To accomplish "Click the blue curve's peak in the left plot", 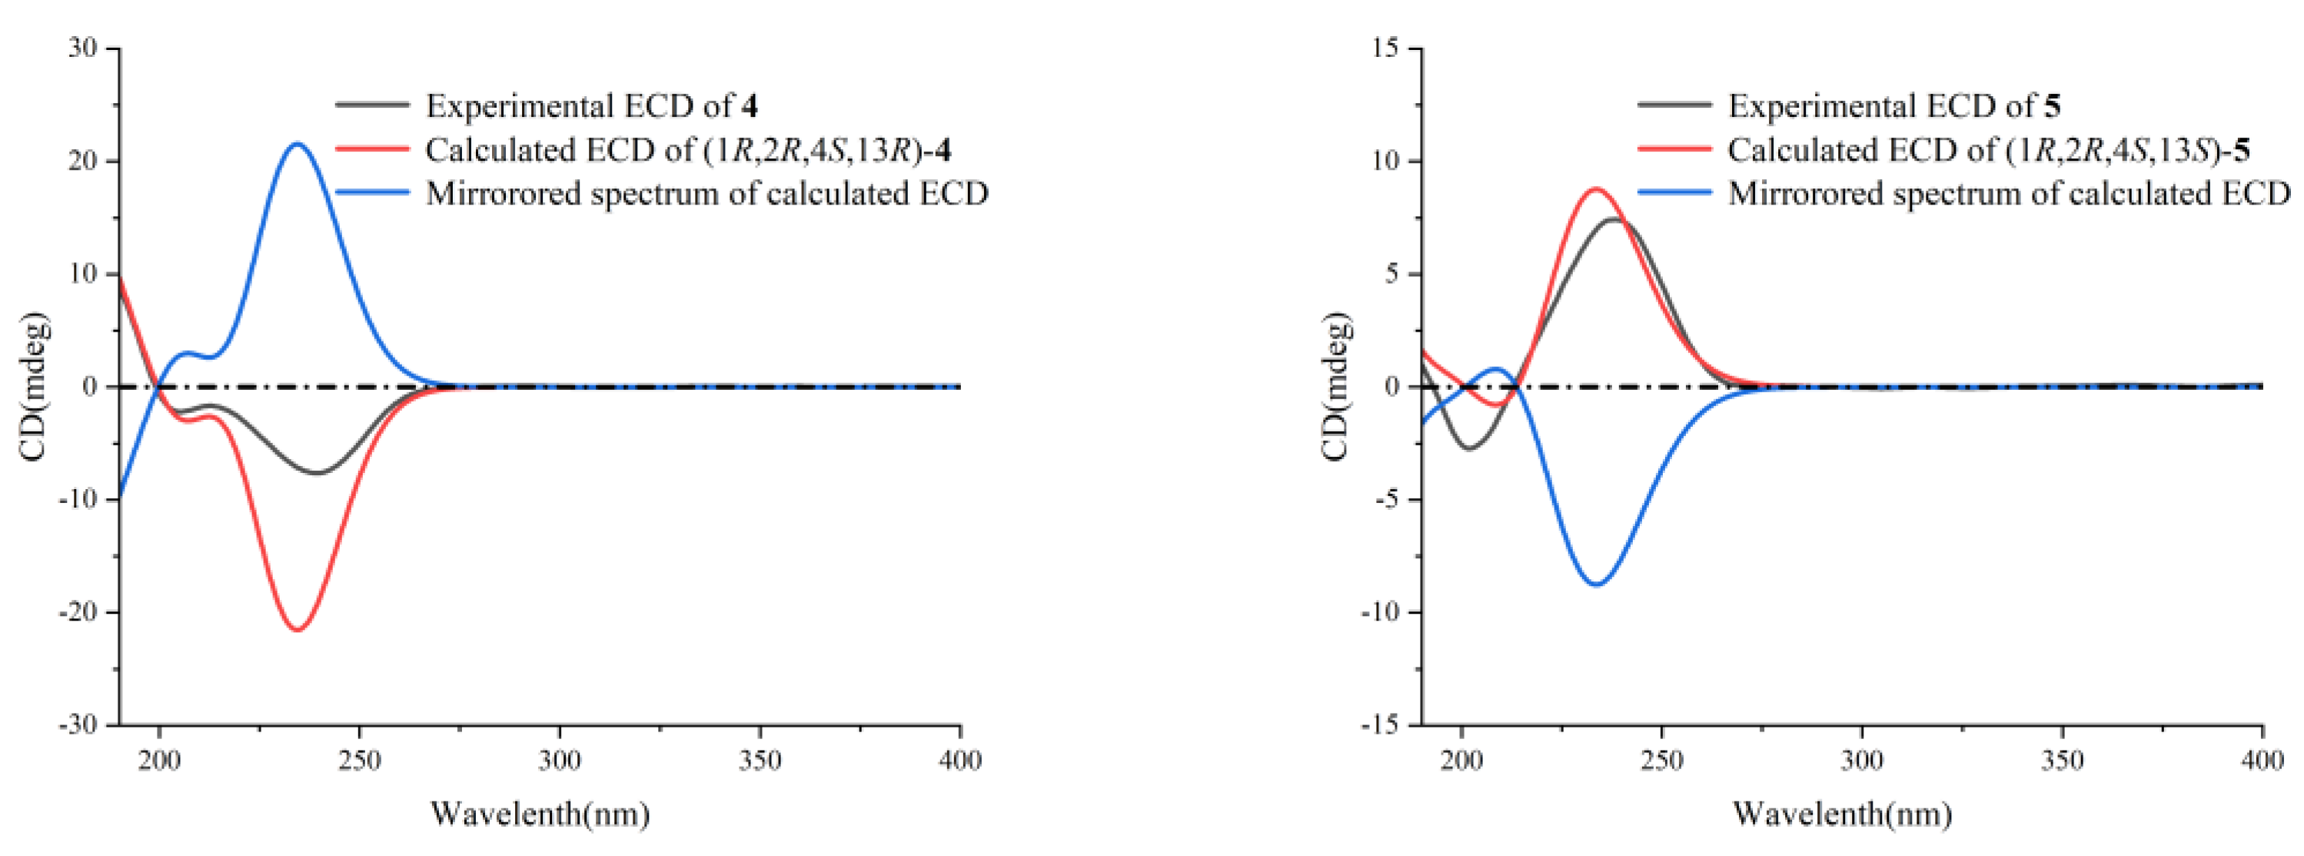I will point(297,143).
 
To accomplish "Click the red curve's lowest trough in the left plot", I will point(298,630).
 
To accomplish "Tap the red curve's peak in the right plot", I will point(1597,188).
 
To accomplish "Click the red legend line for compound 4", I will point(372,148).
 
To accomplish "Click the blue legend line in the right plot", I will point(1674,192).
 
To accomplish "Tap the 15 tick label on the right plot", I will point(1385,48).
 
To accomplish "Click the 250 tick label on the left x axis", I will point(360,761).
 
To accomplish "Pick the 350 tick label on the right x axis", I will point(2063,761).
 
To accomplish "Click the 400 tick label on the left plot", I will point(961,761).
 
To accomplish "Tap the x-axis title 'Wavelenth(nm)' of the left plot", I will point(540,813).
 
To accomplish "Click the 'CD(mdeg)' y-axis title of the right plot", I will point(1335,386).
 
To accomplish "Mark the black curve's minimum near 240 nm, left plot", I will point(318,472).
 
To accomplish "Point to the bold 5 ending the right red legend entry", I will point(2242,149).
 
